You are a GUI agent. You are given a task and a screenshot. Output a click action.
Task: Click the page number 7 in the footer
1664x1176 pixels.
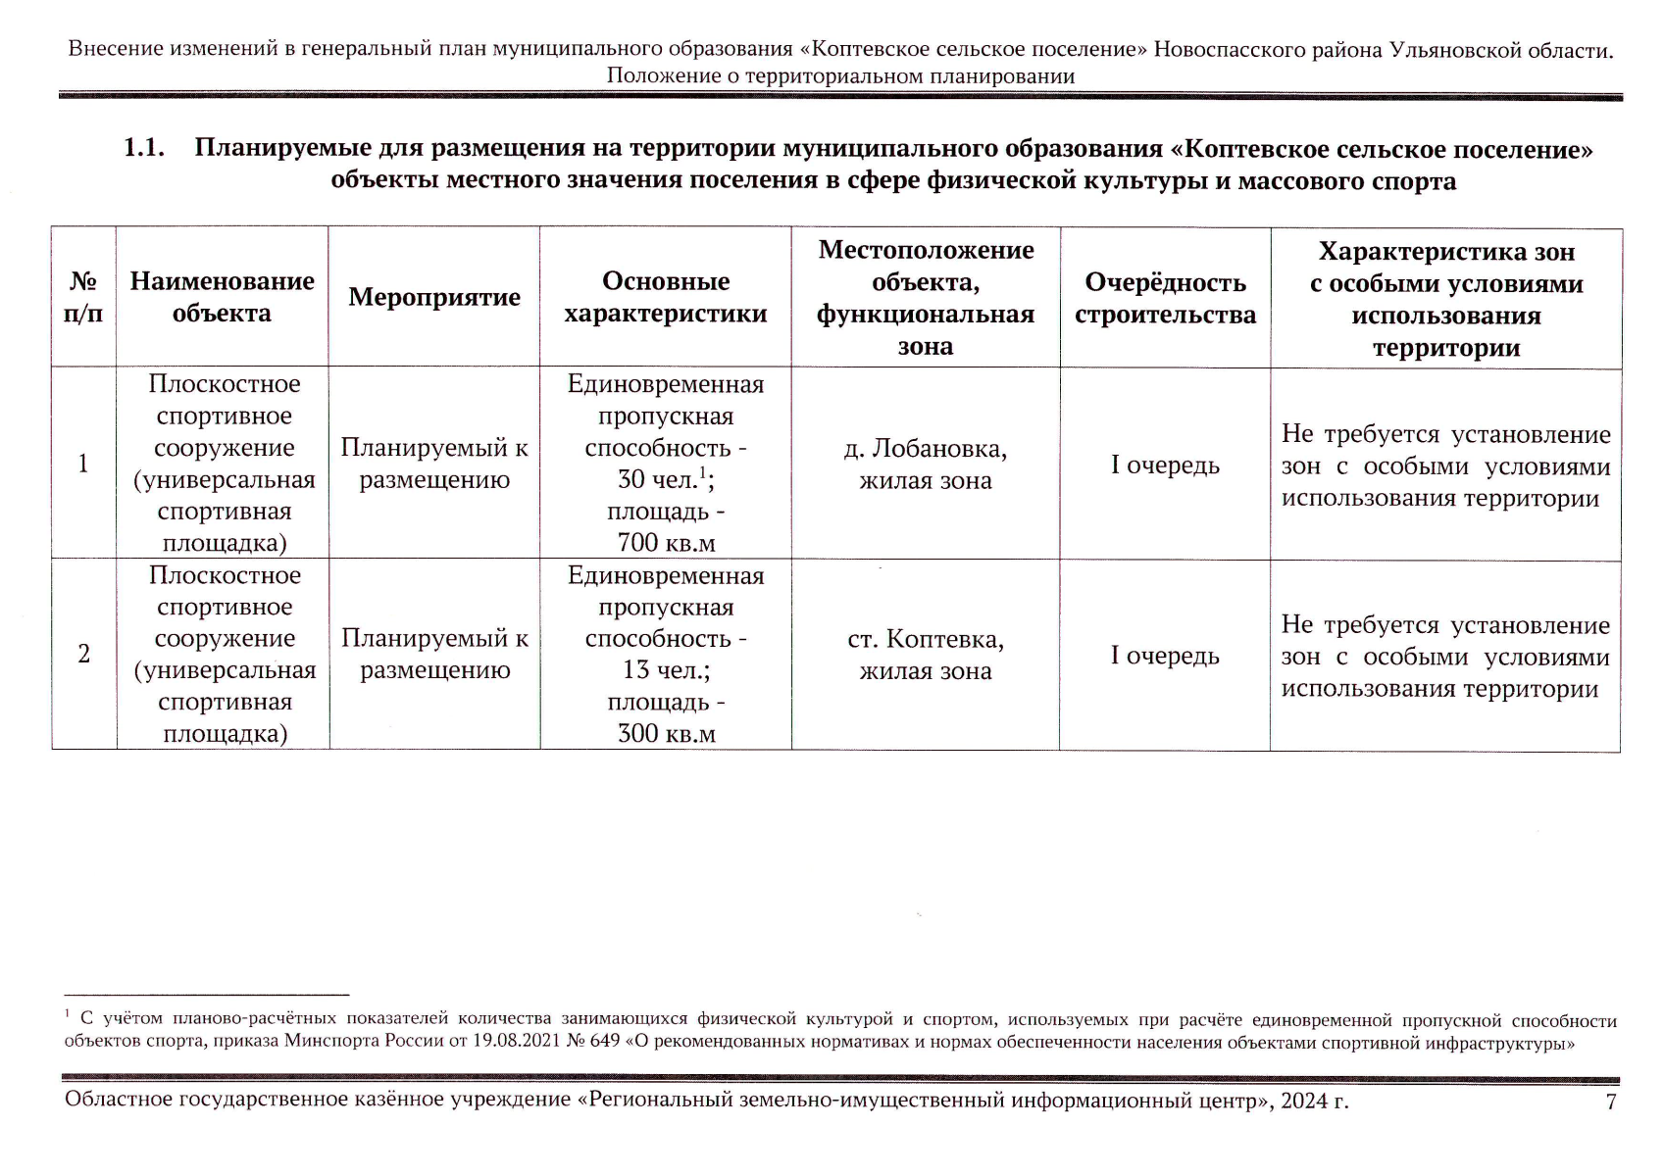tap(1610, 1102)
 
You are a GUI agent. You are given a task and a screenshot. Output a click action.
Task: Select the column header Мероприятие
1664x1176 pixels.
tap(434, 298)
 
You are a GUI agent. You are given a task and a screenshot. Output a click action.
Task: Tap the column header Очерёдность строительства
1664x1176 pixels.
tap(1165, 298)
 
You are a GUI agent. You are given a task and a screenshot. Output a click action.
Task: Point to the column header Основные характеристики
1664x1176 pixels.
tap(666, 298)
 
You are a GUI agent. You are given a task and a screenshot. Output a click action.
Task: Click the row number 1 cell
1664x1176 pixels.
tap(83, 464)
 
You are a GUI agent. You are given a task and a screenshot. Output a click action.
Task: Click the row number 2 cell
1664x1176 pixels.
tap(83, 654)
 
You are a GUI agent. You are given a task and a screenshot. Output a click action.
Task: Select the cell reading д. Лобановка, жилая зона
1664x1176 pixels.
tap(925, 465)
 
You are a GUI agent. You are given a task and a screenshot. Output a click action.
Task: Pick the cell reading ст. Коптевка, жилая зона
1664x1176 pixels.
tap(925, 655)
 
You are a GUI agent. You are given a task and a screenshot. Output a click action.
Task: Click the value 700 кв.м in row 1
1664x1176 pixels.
tap(666, 542)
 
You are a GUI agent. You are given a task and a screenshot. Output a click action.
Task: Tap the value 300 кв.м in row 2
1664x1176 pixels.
tap(666, 733)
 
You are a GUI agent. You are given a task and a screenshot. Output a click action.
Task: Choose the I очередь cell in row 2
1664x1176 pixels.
tap(1165, 655)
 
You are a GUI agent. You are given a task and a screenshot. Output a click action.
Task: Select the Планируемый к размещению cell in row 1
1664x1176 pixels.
tap(434, 465)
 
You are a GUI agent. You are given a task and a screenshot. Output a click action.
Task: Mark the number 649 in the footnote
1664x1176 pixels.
tap(605, 1041)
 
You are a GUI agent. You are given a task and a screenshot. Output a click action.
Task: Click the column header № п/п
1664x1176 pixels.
tap(83, 298)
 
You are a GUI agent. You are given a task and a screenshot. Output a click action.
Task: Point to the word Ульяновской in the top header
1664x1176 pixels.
tap(1450, 49)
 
